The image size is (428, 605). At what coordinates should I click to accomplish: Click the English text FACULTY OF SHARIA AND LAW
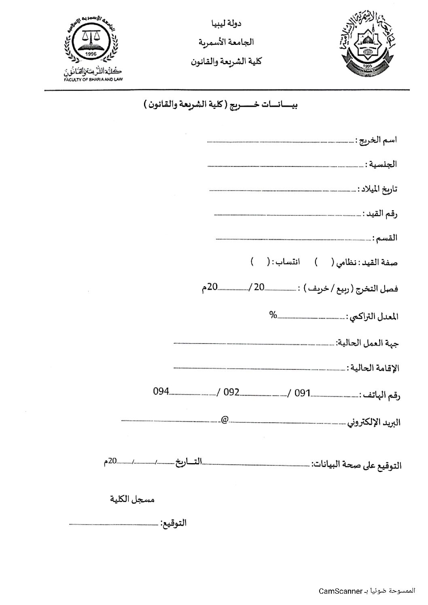pos(93,79)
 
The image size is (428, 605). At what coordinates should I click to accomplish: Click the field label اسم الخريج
pos(376,140)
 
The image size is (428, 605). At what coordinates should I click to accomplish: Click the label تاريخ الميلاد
pos(377,189)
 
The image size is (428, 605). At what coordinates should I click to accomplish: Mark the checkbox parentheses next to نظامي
pos(324,262)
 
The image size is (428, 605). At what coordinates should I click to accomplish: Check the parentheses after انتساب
pos(259,262)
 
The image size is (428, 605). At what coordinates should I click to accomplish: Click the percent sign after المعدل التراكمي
pos(273,315)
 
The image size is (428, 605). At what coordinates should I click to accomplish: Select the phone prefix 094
pos(161,392)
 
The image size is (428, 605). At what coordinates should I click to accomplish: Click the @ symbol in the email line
pos(225,418)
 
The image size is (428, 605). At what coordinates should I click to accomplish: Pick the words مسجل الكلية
pos(133,500)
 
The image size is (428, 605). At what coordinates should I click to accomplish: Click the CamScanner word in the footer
pos(340,591)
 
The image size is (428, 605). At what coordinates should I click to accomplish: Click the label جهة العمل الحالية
pos(368,344)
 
